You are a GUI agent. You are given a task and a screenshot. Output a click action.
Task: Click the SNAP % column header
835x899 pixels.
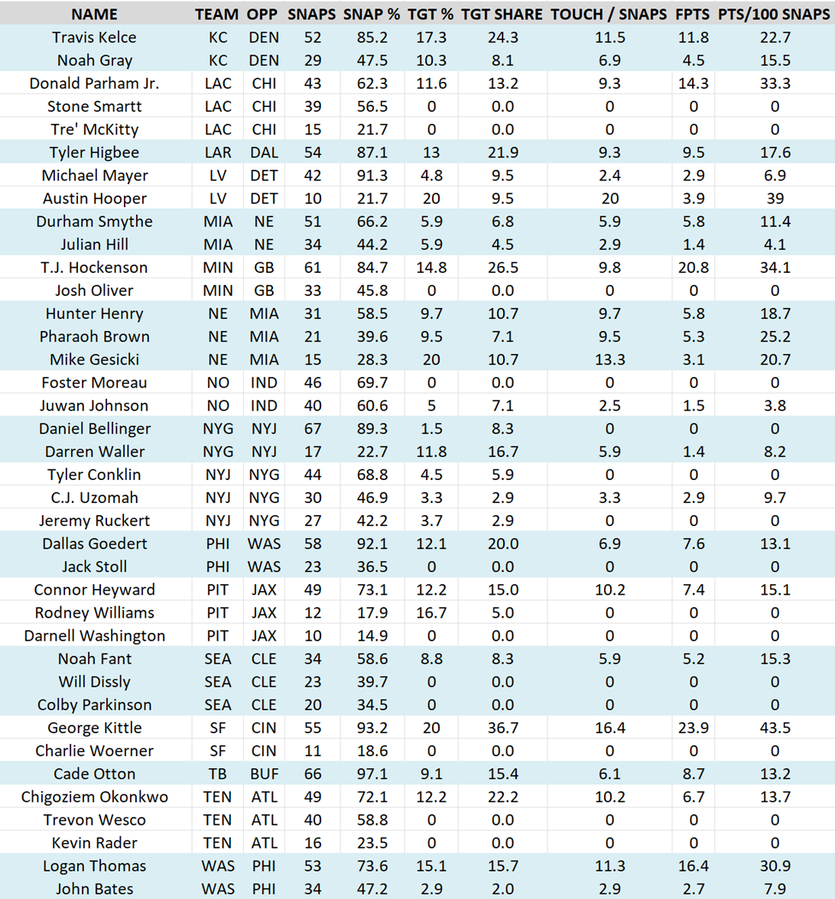pyautogui.click(x=372, y=15)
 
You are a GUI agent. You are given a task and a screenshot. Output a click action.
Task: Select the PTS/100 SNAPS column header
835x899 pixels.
pyautogui.click(x=775, y=15)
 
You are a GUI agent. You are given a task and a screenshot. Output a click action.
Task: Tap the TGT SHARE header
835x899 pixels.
pyautogui.click(x=502, y=15)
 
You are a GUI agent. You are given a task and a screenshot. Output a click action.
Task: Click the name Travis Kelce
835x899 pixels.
pyautogui.click(x=95, y=37)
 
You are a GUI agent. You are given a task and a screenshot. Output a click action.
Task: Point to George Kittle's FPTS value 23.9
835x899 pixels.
pyautogui.click(x=694, y=728)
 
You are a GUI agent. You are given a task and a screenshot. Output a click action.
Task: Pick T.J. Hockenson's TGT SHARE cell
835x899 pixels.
pyautogui.click(x=502, y=268)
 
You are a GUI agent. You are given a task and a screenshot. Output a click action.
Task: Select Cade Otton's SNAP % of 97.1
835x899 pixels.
pyautogui.click(x=372, y=774)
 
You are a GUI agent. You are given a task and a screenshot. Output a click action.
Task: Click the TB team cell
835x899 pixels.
pyautogui.click(x=218, y=774)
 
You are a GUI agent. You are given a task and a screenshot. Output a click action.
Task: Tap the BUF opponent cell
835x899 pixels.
pyautogui.click(x=264, y=774)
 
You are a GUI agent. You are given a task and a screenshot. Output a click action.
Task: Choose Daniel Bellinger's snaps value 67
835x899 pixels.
pyautogui.click(x=312, y=429)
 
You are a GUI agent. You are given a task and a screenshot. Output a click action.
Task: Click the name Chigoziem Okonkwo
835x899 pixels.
pyautogui.click(x=95, y=797)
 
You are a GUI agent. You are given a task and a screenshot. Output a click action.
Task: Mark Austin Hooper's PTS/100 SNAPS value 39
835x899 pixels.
pyautogui.click(x=775, y=199)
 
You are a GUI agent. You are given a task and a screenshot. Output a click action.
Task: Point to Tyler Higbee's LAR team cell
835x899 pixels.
pyautogui.click(x=218, y=153)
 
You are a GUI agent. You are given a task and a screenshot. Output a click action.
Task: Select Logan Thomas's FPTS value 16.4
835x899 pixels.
pyautogui.click(x=694, y=866)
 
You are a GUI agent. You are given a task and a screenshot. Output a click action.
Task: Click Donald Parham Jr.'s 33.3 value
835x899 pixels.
pyautogui.click(x=775, y=83)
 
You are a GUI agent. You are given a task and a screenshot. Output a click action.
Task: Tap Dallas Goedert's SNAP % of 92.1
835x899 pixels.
pyautogui.click(x=372, y=544)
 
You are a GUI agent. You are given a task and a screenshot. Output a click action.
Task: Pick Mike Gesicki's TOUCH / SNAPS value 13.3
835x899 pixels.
pyautogui.click(x=609, y=359)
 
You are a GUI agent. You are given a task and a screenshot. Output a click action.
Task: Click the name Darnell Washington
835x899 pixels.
pyautogui.click(x=95, y=636)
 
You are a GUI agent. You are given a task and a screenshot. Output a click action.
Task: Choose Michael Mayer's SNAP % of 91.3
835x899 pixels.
pyautogui.click(x=372, y=176)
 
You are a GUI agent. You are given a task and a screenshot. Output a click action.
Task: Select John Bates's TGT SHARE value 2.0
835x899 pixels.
pyautogui.click(x=502, y=889)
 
